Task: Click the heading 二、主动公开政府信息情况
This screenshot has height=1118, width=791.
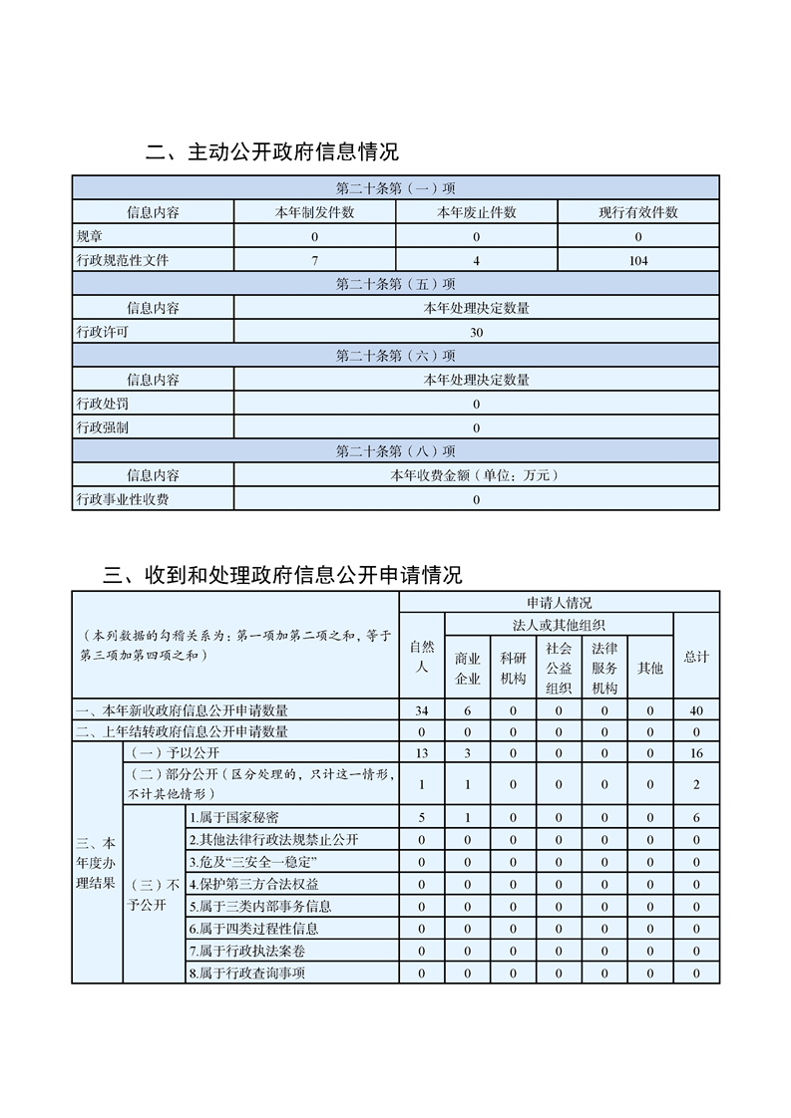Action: [x=272, y=152]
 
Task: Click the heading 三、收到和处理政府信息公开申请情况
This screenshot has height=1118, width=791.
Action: [x=283, y=575]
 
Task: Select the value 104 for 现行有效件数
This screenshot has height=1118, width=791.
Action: [x=638, y=261]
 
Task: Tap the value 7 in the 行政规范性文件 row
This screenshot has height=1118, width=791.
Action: [x=314, y=261]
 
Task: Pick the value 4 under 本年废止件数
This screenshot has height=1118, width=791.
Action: [x=477, y=261]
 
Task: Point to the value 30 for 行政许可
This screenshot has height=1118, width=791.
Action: [x=477, y=333]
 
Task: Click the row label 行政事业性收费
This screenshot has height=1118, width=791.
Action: [x=123, y=499]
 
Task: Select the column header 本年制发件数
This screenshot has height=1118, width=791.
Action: [x=314, y=212]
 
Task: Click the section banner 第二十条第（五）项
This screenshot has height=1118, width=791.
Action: [x=396, y=285]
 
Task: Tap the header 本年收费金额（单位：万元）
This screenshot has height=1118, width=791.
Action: [x=477, y=475]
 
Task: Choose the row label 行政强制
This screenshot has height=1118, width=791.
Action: [x=103, y=427]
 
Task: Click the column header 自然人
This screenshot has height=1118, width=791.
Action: [x=422, y=657]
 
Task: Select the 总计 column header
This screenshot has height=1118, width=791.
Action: [x=696, y=657]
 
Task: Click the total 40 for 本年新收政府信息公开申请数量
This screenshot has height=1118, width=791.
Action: [x=696, y=710]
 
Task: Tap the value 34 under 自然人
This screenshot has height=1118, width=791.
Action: [x=422, y=710]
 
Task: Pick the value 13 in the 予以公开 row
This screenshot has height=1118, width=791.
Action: [x=422, y=752]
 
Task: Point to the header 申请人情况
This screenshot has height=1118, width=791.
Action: [x=560, y=603]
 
